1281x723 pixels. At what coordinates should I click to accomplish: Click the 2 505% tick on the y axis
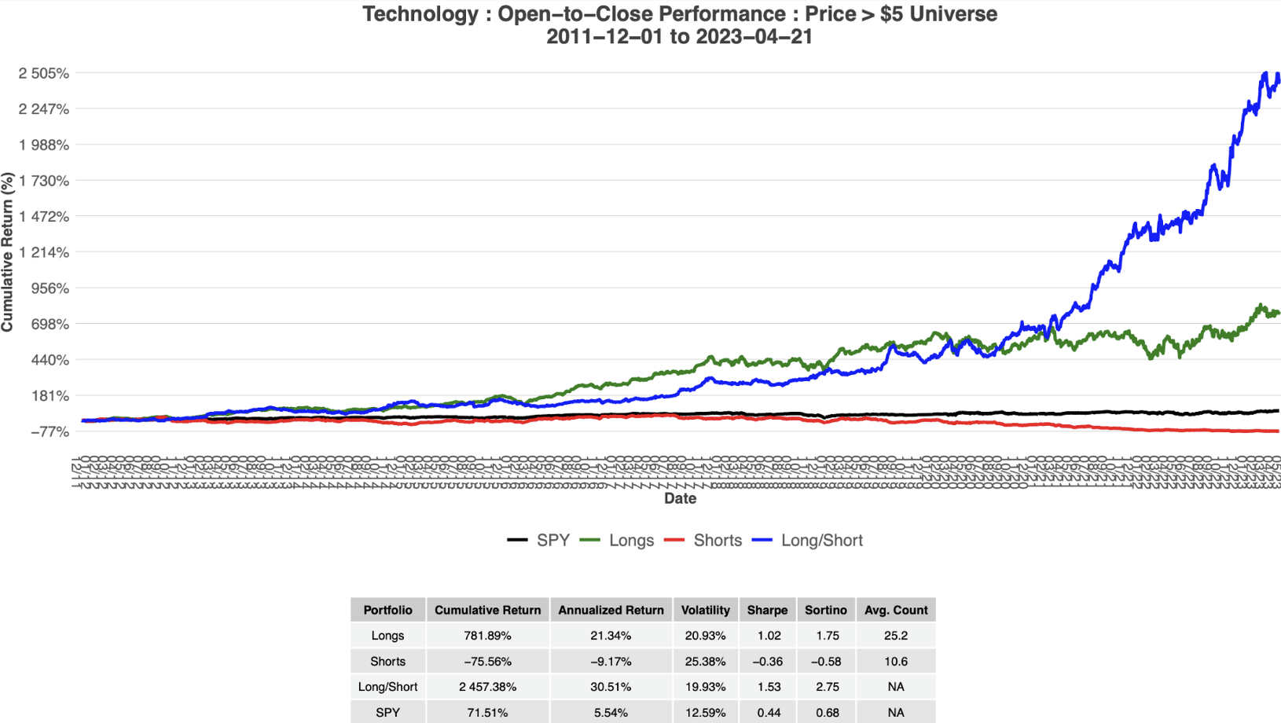pos(44,73)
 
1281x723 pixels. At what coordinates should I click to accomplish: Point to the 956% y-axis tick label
pos(50,288)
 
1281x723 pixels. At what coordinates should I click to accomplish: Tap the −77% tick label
pos(50,431)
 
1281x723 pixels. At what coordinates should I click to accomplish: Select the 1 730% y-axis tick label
pos(44,181)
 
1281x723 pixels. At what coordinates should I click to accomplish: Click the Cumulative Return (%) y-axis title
pos(8,252)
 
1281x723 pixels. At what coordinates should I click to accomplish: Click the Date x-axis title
pos(680,498)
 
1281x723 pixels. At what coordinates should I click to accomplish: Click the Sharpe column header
pos(767,610)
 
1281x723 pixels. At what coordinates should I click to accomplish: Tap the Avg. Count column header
pos(896,610)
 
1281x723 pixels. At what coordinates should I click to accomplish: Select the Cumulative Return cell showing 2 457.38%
pos(487,687)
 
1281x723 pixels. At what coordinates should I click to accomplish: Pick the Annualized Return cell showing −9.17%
pos(611,662)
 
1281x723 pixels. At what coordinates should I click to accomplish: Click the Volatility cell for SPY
pos(705,713)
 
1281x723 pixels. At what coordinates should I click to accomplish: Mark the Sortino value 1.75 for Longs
pos(827,636)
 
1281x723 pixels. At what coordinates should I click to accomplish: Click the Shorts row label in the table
pos(387,662)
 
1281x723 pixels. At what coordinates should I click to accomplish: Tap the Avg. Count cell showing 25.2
pos(896,636)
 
